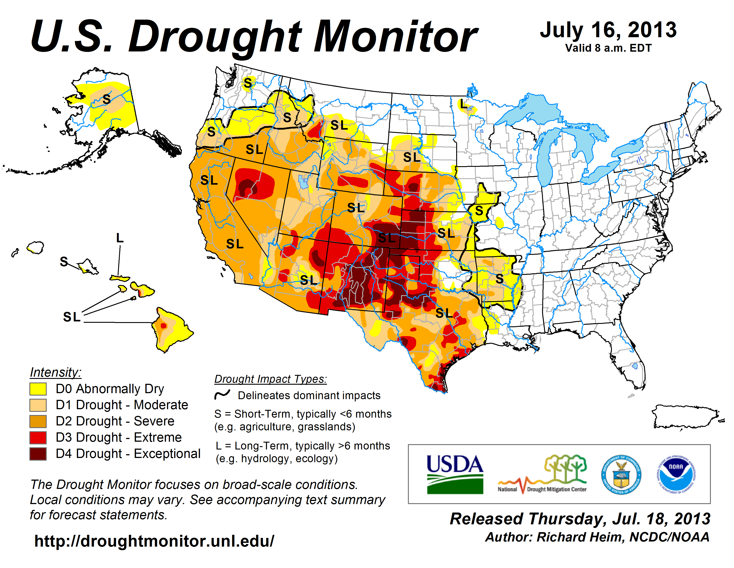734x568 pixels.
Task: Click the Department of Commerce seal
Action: (x=621, y=474)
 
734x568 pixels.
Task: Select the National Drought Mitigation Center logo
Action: (x=542, y=474)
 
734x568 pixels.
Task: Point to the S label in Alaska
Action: (x=107, y=99)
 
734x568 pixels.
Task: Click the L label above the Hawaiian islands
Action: (x=120, y=238)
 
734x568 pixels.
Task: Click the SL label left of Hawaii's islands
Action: (x=72, y=317)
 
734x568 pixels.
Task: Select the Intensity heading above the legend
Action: (x=55, y=372)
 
